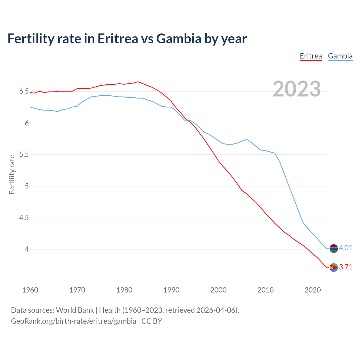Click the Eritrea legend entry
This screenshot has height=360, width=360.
coord(311,56)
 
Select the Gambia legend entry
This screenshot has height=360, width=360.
coord(340,56)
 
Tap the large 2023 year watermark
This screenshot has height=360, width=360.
coord(296,89)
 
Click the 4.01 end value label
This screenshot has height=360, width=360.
coord(346,248)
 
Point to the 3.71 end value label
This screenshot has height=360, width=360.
coord(346,267)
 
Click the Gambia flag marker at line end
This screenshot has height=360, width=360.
coord(334,248)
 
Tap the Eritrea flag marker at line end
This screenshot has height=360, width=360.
coord(334,267)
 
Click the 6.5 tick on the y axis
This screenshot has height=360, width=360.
coord(24,91)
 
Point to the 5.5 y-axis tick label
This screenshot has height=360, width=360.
coord(24,155)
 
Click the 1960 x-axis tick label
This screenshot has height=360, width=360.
coord(30,290)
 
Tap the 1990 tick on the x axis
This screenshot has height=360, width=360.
coord(171,290)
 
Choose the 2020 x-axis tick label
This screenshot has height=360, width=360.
coord(312,290)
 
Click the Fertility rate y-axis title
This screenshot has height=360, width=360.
coord(12,174)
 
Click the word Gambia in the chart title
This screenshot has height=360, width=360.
coord(179,39)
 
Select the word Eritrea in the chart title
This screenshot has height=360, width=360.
coord(118,39)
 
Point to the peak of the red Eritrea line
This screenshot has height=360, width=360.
coord(138,82)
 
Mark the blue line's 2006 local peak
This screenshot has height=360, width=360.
coord(246,139)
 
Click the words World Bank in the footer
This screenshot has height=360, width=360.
coord(75,310)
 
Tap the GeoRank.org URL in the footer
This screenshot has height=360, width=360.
coord(73,321)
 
